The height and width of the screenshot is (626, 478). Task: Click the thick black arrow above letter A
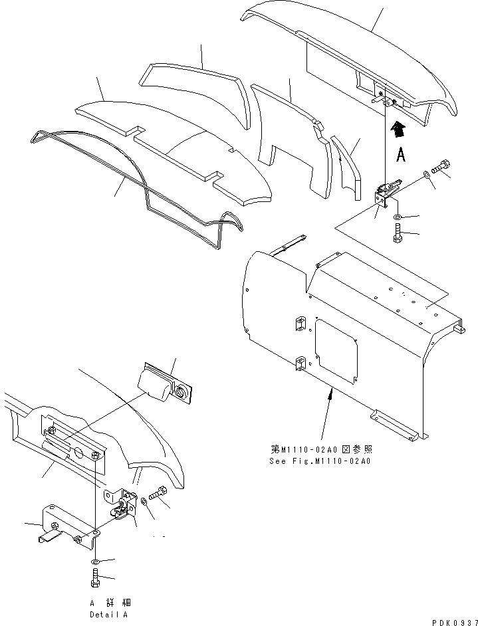pos(397,129)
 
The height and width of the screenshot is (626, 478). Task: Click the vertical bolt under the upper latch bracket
pos(398,234)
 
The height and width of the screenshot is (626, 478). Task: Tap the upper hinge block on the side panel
pos(299,324)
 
